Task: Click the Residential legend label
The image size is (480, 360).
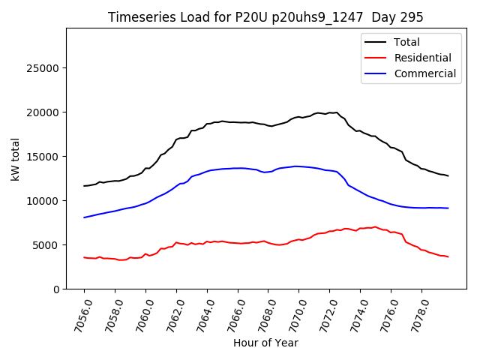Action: tap(423, 58)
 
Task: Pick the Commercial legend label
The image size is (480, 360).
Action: tap(424, 73)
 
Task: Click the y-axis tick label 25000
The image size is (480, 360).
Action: tap(43, 68)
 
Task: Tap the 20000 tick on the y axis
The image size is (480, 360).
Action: tap(43, 112)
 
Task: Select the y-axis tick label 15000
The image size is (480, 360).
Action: tap(43, 157)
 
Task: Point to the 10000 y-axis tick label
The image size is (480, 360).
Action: tap(43, 201)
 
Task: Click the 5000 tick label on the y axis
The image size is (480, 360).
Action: tap(46, 245)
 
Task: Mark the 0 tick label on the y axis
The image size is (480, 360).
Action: tap(56, 289)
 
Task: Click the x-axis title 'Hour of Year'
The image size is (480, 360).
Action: tap(265, 343)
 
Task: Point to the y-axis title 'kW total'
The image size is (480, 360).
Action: tap(16, 159)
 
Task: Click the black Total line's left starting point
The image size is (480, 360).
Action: tap(84, 186)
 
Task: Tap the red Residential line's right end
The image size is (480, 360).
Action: tap(448, 257)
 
